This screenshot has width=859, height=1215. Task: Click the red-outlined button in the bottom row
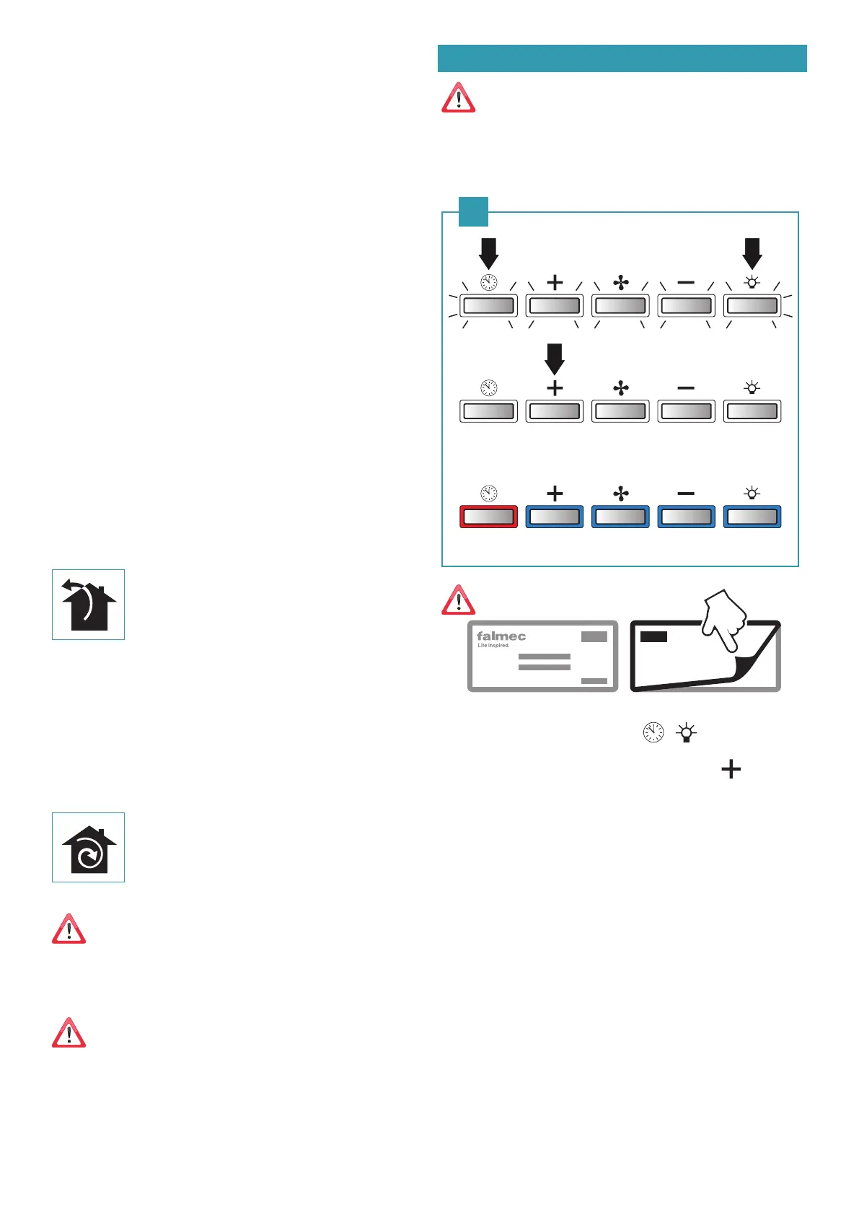[488, 517]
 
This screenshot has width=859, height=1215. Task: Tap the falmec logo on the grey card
[501, 636]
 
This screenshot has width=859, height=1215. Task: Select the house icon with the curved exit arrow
[88, 605]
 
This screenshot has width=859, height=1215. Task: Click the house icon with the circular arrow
[89, 848]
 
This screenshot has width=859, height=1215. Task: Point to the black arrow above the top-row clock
[488, 253]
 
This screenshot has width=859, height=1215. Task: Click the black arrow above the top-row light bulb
[752, 253]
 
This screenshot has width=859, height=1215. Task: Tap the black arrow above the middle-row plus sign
[555, 359]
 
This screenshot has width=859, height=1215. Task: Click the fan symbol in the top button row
[620, 283]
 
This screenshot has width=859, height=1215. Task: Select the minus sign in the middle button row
[686, 388]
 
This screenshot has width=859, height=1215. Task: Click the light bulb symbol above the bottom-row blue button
[752, 494]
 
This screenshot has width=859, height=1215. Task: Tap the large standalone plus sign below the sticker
[731, 770]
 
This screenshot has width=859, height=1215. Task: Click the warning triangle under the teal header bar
[459, 98]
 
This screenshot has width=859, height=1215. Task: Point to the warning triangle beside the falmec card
[459, 600]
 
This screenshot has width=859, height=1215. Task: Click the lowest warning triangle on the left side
[69, 1033]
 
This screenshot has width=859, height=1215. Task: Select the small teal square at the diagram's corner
[474, 211]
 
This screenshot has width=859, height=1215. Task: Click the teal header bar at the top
[622, 58]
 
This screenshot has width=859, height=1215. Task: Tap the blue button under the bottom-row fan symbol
[620, 517]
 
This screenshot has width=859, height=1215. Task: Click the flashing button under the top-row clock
[488, 306]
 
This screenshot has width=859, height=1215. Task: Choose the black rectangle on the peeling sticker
[653, 636]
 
